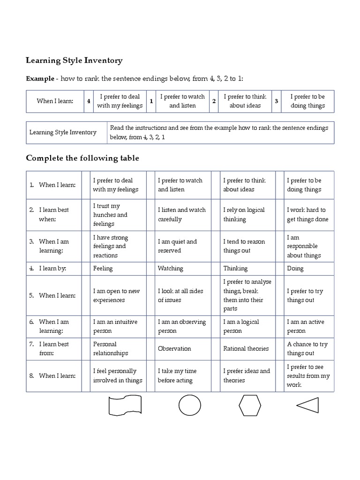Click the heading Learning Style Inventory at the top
pyautogui.click(x=74, y=60)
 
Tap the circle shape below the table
pyautogui.click(x=189, y=405)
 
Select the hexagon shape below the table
pyautogui.click(x=250, y=405)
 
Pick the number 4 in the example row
pyautogui.click(x=89, y=101)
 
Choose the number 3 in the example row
pyautogui.click(x=276, y=101)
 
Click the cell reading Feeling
pyautogui.click(x=103, y=269)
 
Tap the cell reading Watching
pyautogui.click(x=171, y=269)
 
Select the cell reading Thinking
pyautogui.click(x=236, y=269)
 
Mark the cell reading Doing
pyautogui.click(x=295, y=269)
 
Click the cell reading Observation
pyautogui.click(x=174, y=349)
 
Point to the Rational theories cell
pyautogui.click(x=246, y=349)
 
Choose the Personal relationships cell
pyautogui.click(x=111, y=349)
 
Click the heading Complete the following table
pyautogui.click(x=82, y=158)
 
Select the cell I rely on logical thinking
pyautogui.click(x=244, y=215)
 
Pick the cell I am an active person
pyautogui.click(x=305, y=326)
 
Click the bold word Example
pyautogui.click(x=39, y=79)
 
